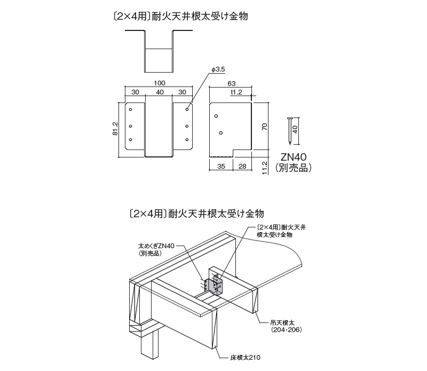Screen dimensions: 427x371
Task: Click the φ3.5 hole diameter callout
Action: [218, 69]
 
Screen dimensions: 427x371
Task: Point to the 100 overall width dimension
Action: [160, 83]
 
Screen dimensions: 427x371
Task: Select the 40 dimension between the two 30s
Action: [160, 92]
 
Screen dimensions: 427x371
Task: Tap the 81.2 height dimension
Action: [115, 129]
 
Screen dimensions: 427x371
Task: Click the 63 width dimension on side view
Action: [231, 83]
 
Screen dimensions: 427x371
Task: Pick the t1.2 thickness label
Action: [236, 92]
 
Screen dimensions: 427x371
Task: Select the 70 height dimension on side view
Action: [265, 127]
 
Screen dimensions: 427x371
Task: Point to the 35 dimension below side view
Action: [221, 166]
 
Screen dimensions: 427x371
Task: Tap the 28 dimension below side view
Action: [242, 166]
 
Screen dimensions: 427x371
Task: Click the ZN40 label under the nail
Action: [294, 157]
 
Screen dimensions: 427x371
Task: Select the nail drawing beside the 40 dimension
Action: [289, 131]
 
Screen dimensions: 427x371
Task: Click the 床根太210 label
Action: [246, 357]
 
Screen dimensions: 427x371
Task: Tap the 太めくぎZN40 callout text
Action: [156, 246]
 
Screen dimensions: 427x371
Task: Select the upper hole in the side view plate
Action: [216, 116]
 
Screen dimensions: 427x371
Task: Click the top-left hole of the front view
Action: [131, 109]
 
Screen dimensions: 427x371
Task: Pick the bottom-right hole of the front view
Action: [187, 139]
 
